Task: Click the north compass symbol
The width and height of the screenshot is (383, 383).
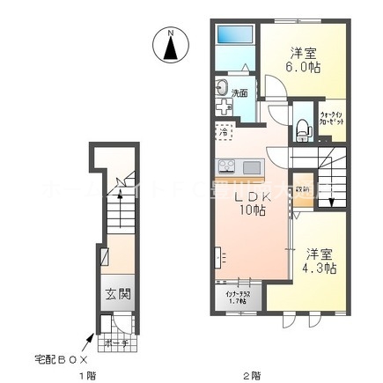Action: point(171,45)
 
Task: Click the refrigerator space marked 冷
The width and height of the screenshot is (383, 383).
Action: point(225,133)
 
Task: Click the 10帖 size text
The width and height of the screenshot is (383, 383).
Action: point(253,211)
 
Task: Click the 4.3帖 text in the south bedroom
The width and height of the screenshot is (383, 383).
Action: point(318,268)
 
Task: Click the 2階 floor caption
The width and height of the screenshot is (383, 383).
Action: point(252,376)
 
